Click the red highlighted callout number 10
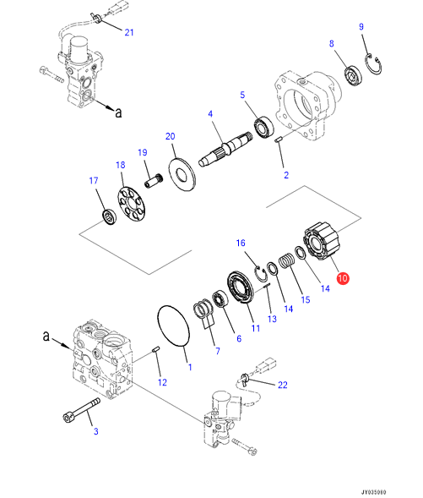pyautogui.click(x=343, y=278)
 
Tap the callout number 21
pyautogui.click(x=129, y=32)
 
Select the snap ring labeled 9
pyautogui.click(x=373, y=65)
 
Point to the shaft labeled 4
pyautogui.click(x=225, y=149)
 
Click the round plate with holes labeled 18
pyautogui.click(x=130, y=205)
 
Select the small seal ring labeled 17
pyautogui.click(x=109, y=217)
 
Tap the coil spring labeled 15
pyautogui.click(x=287, y=260)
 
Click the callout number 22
pyautogui.click(x=283, y=385)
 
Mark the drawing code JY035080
pyautogui.click(x=374, y=492)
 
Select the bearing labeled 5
pyautogui.click(x=263, y=127)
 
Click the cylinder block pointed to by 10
pyautogui.click(x=321, y=241)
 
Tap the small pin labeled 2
pyautogui.click(x=279, y=140)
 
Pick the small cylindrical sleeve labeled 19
pyautogui.click(x=154, y=181)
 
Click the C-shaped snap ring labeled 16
pyautogui.click(x=260, y=273)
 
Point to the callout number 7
pyautogui.click(x=218, y=351)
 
